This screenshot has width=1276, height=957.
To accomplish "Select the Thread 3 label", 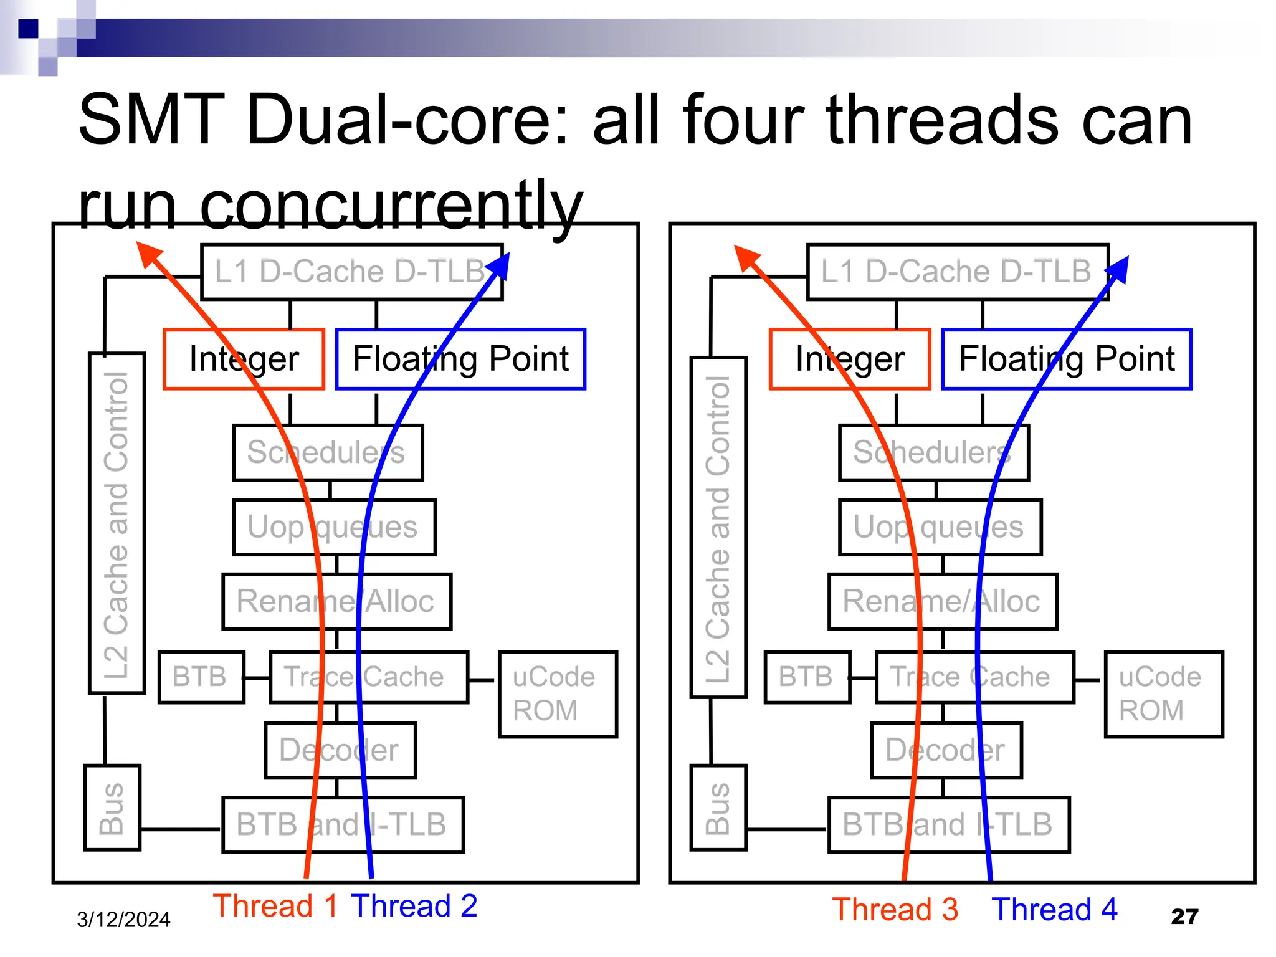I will click(x=895, y=909).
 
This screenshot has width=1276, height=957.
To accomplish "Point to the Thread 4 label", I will click(x=1054, y=909).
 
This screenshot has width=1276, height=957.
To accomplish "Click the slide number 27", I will click(x=1184, y=917).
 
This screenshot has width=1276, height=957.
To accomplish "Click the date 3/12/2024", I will click(x=123, y=920).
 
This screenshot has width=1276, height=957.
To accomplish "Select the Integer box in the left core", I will click(x=244, y=359).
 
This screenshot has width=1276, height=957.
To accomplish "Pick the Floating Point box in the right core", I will click(x=1066, y=359).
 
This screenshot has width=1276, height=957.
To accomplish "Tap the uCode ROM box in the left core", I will click(x=558, y=694).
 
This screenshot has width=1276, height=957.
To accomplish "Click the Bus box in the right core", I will click(x=718, y=807).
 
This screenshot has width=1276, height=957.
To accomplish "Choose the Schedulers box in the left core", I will click(x=328, y=452).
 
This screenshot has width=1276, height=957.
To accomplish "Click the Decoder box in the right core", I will click(x=946, y=750).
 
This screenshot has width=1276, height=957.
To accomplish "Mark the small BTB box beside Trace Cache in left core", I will click(x=201, y=677).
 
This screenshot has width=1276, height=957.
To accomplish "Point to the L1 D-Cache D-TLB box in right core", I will click(x=957, y=272).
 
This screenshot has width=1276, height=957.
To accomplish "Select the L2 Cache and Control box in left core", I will click(x=117, y=522).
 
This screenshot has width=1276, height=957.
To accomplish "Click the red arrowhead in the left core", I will click(x=148, y=254).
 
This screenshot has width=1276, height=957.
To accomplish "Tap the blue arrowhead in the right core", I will click(x=1119, y=269).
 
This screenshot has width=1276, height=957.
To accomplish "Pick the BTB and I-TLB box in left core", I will click(x=343, y=824).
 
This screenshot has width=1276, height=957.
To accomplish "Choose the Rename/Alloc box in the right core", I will click(x=942, y=601).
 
